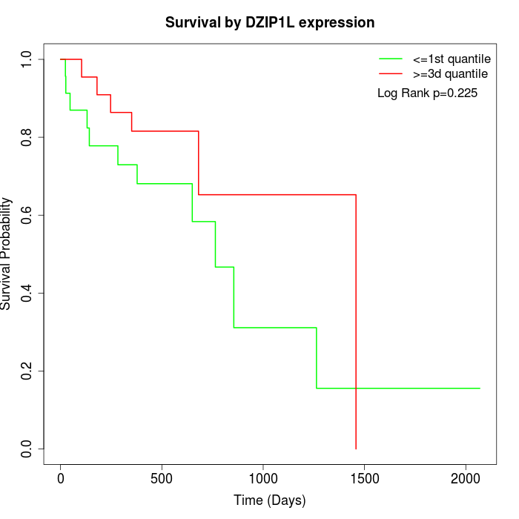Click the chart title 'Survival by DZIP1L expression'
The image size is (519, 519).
[x=270, y=22]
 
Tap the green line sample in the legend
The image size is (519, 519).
[x=391, y=59]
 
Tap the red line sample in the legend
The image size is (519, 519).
[x=391, y=73]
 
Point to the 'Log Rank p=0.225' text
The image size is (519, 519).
[x=427, y=93]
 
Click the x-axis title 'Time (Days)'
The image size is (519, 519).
[x=270, y=500]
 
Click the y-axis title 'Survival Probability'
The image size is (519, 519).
[x=7, y=254]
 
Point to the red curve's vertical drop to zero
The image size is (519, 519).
[x=356, y=319]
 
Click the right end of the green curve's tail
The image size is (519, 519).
[x=480, y=389]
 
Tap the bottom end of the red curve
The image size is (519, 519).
[x=356, y=448]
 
